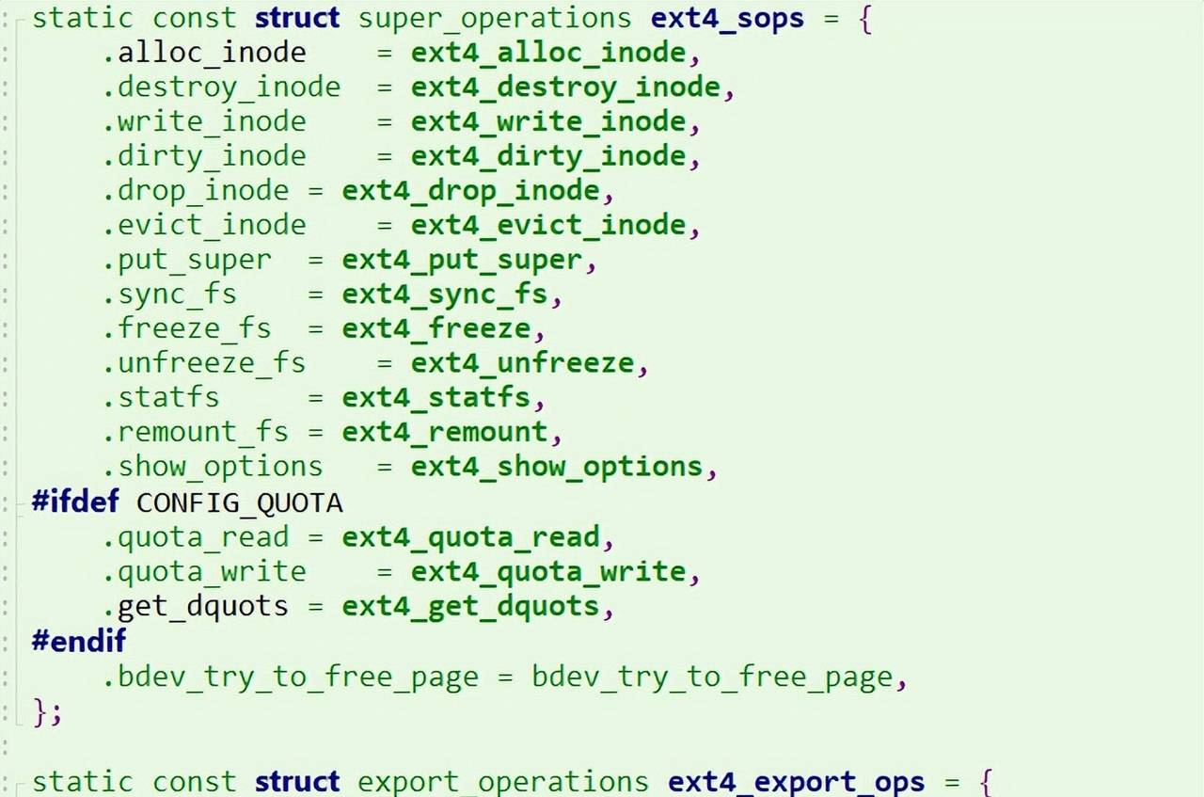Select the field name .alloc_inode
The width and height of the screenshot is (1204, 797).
click(x=204, y=53)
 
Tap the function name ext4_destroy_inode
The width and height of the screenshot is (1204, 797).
click(x=565, y=88)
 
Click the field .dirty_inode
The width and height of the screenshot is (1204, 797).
click(x=204, y=156)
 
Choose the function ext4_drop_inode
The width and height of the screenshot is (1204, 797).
click(x=470, y=191)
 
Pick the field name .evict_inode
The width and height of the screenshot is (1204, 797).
click(x=204, y=225)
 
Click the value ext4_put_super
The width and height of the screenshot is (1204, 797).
click(x=462, y=260)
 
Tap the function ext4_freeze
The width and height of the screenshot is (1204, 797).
click(x=436, y=328)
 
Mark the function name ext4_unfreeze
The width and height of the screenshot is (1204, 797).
click(x=522, y=363)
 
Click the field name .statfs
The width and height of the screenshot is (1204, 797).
click(x=161, y=397)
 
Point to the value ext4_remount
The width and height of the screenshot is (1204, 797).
click(x=444, y=432)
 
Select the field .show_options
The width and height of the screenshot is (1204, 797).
click(x=213, y=467)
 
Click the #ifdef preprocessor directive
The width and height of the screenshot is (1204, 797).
click(x=76, y=502)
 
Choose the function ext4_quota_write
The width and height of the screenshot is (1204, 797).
click(x=548, y=571)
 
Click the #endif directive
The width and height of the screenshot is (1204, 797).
click(x=78, y=641)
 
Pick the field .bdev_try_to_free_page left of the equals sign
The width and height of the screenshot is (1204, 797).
click(x=291, y=677)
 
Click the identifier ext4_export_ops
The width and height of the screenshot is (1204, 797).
click(x=797, y=783)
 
